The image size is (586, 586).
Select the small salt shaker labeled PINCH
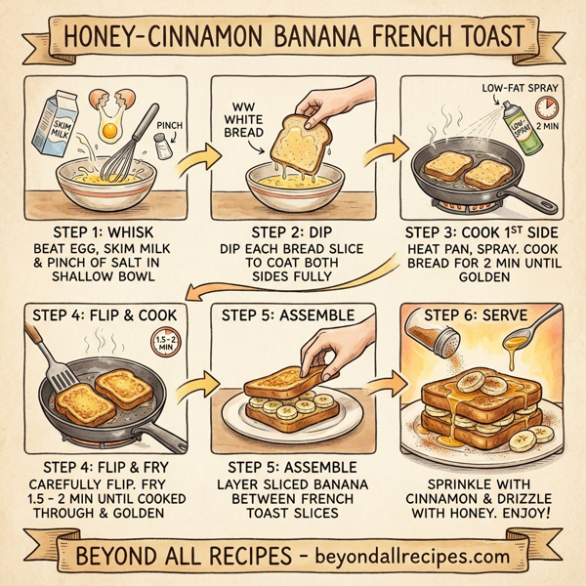pyautogui.click(x=161, y=146)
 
